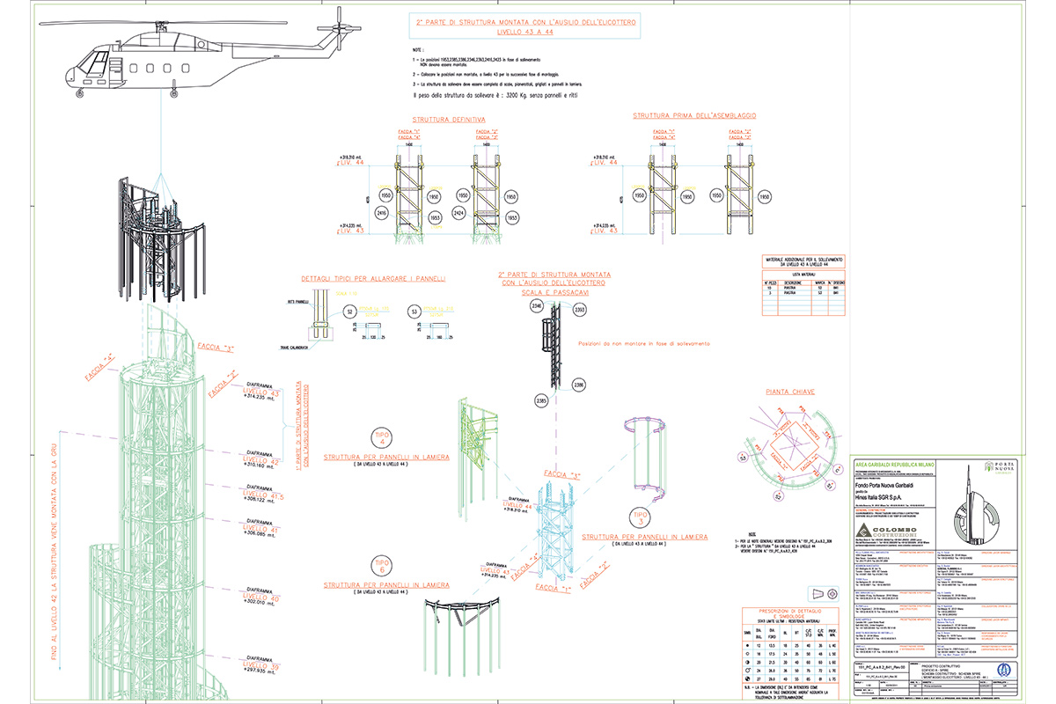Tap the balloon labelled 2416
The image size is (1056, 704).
click(x=382, y=213)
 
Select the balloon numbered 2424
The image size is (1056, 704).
click(x=458, y=213)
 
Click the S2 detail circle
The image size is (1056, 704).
click(x=348, y=312)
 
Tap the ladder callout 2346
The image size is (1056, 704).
click(x=535, y=307)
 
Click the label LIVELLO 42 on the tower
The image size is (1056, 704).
click(x=261, y=461)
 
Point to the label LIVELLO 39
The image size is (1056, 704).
click(x=261, y=667)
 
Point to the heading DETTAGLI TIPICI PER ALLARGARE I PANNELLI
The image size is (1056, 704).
click(x=374, y=278)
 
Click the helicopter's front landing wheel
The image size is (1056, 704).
click(x=82, y=91)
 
